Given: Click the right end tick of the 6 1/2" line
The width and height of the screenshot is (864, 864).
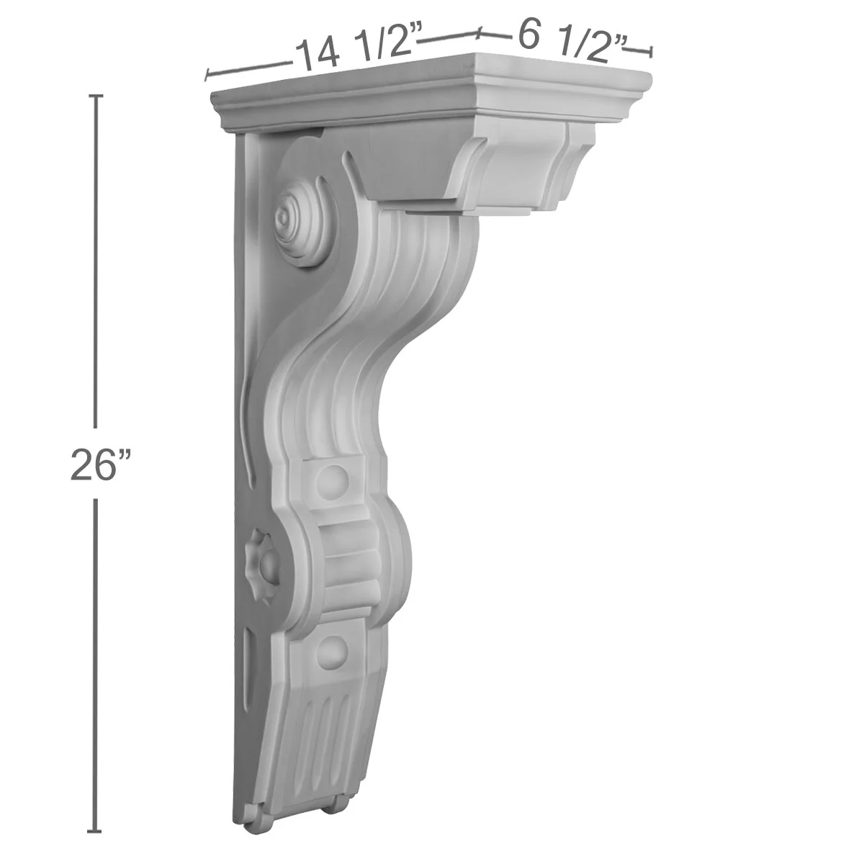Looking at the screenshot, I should point(651,51).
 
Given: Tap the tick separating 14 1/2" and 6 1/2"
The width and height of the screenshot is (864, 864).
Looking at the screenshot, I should point(478,33).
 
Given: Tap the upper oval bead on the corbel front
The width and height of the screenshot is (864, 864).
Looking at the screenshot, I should point(331,479).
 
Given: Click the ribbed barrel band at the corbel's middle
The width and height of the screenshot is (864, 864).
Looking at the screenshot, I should point(353,565).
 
